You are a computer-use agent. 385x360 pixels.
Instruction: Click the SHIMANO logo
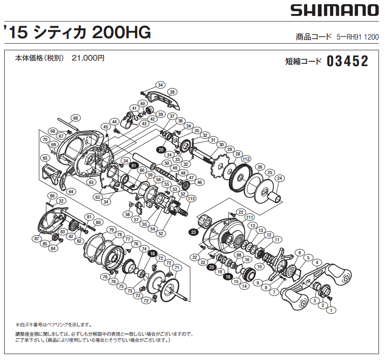[334, 10]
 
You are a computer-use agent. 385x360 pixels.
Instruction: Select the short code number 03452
[347, 61]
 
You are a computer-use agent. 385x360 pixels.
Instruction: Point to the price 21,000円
[88, 58]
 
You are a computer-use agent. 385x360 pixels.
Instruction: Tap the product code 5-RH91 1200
[357, 37]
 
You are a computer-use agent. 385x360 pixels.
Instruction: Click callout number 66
[75, 118]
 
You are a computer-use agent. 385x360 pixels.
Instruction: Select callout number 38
[172, 92]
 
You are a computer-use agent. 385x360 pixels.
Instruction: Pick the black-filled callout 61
[133, 165]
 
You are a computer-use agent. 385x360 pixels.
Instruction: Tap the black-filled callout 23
[193, 231]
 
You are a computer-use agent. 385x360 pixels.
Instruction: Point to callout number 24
[279, 178]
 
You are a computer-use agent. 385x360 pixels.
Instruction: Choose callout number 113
[191, 198]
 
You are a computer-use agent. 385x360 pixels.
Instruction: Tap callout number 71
[177, 268]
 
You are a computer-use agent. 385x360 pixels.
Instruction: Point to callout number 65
[45, 158]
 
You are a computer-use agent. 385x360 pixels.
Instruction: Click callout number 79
[111, 230]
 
